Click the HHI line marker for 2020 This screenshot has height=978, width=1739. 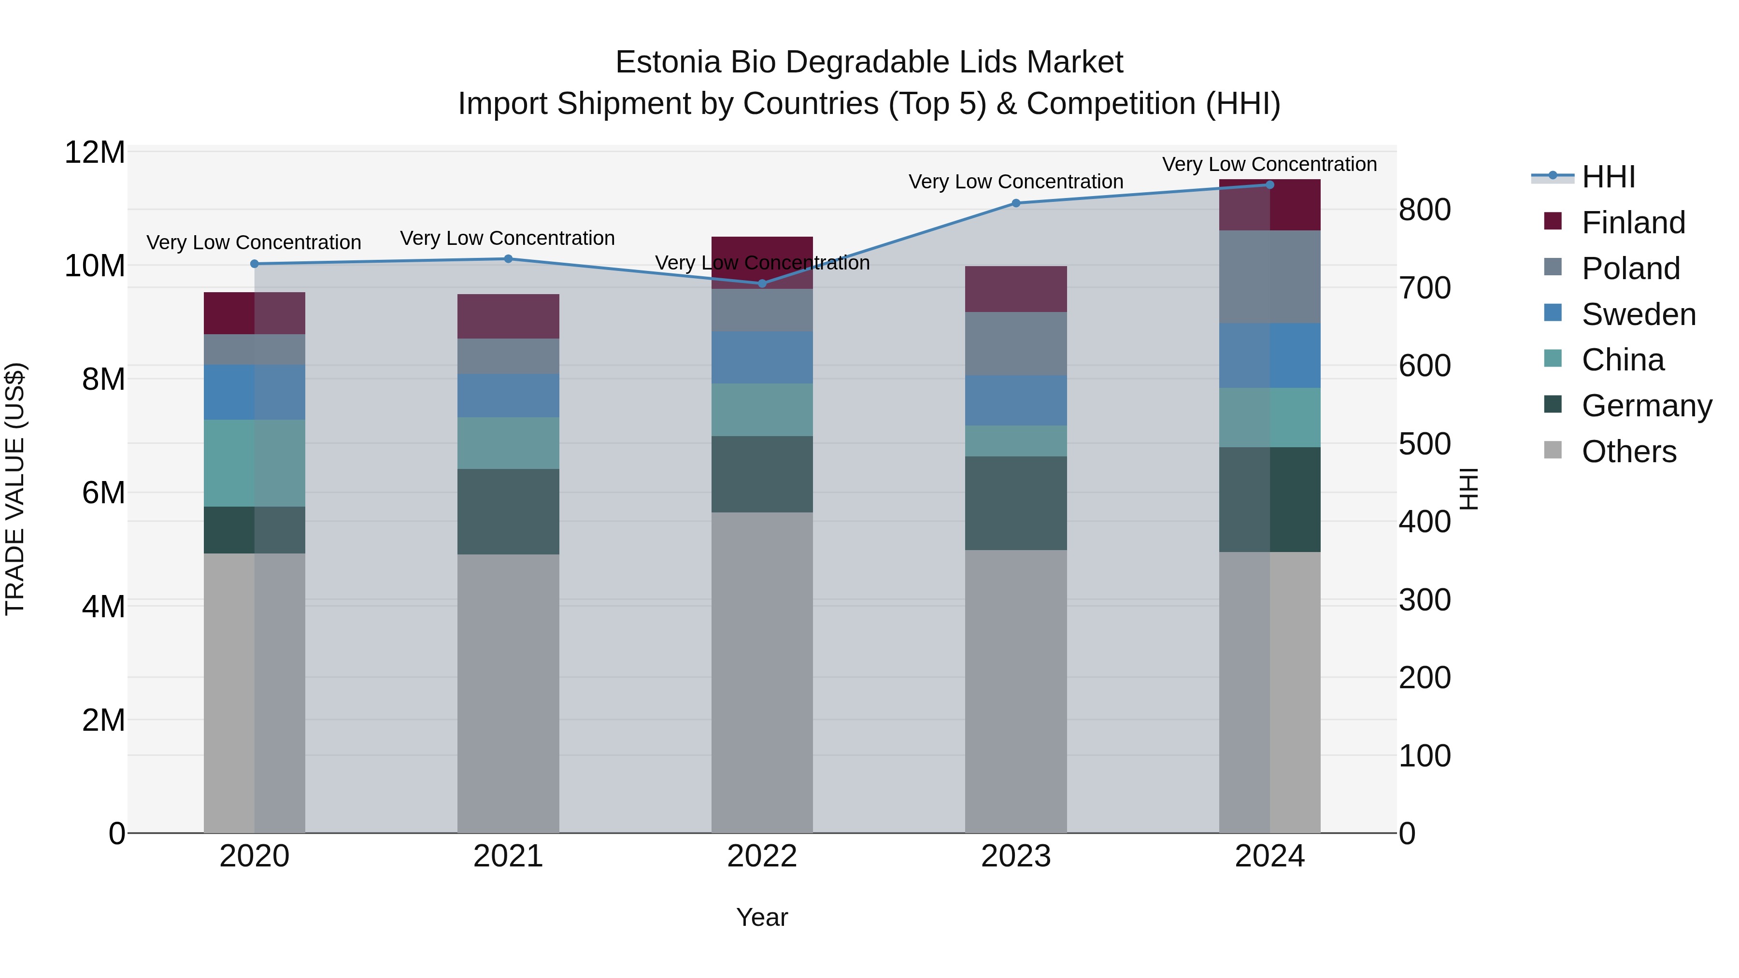(255, 264)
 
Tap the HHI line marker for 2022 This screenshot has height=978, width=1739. (762, 283)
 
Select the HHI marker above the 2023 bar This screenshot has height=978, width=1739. (1016, 203)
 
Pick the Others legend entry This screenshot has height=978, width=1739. (1628, 452)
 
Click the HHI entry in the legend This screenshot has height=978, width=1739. (1608, 177)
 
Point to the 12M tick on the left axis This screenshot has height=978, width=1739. (95, 153)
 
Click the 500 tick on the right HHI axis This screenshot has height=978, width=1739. (1425, 444)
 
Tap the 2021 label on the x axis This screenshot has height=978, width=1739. (508, 856)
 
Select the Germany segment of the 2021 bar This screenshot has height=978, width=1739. (508, 511)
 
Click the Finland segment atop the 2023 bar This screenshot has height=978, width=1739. (1016, 289)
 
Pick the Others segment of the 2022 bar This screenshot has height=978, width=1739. (762, 672)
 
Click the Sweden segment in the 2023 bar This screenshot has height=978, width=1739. (1016, 400)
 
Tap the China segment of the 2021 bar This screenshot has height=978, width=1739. (508, 443)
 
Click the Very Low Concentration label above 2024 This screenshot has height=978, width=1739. (1269, 164)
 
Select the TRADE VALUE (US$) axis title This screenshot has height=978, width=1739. (15, 489)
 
